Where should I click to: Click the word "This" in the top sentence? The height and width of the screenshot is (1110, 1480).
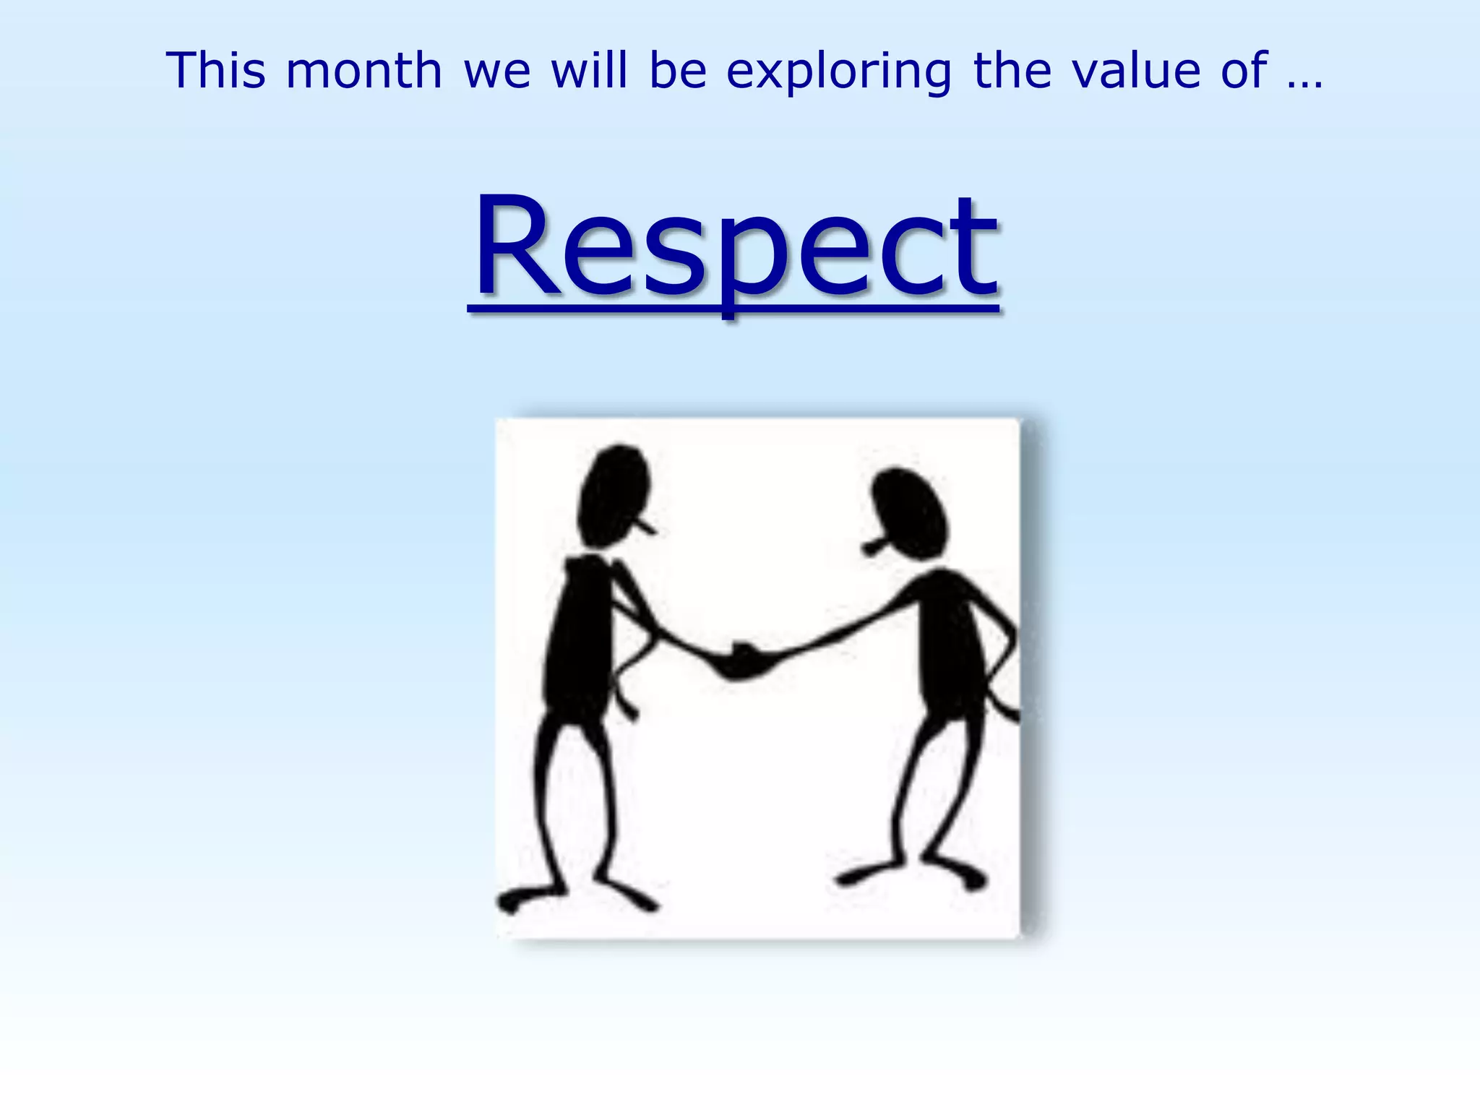[215, 71]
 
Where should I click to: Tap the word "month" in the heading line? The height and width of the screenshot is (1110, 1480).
[364, 71]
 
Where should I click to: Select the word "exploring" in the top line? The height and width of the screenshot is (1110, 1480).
[839, 72]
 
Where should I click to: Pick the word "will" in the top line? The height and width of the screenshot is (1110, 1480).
[589, 71]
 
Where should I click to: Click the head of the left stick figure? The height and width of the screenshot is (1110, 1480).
[613, 495]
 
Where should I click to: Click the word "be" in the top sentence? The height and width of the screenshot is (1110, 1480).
[677, 71]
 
